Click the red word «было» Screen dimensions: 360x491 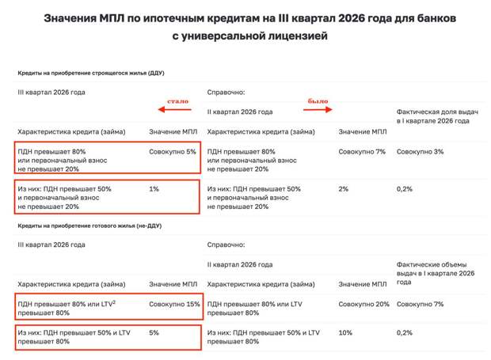(x=317, y=101)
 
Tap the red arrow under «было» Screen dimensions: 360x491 (x=320, y=111)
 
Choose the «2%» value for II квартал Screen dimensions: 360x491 (x=344, y=188)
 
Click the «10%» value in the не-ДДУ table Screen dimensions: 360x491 (x=346, y=333)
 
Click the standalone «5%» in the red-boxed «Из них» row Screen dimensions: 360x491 (x=154, y=333)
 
